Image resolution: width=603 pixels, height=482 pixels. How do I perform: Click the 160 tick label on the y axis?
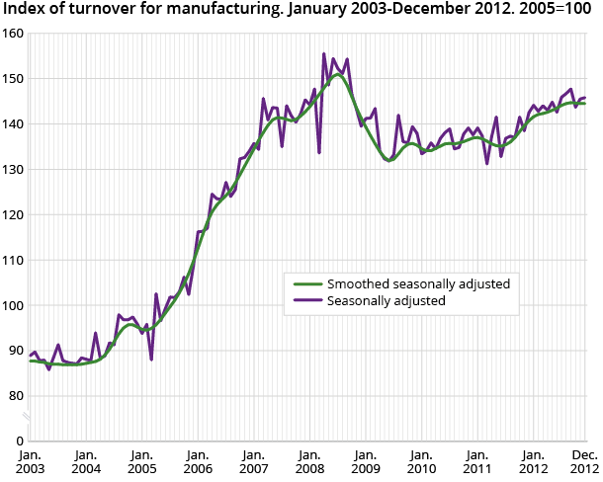pyautogui.click(x=13, y=33)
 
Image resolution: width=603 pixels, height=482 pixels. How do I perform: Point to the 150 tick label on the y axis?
pyautogui.click(x=13, y=78)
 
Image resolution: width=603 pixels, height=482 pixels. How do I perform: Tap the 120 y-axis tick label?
pyautogui.click(x=13, y=214)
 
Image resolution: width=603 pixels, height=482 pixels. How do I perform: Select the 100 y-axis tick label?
pyautogui.click(x=13, y=305)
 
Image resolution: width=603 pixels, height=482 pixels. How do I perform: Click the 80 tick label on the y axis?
pyautogui.click(x=16, y=396)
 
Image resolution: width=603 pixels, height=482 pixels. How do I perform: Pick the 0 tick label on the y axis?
pyautogui.click(x=20, y=441)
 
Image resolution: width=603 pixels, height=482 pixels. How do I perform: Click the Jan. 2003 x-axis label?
pyautogui.click(x=31, y=459)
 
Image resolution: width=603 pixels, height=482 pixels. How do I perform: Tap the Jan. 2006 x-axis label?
pyautogui.click(x=198, y=459)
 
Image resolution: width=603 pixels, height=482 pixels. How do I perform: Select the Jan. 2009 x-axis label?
pyautogui.click(x=366, y=459)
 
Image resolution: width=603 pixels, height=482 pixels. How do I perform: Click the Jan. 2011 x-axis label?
pyautogui.click(x=477, y=459)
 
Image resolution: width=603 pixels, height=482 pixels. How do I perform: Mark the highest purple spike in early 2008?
pyautogui.click(x=324, y=54)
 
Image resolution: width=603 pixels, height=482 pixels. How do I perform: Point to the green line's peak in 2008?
pyautogui.click(x=338, y=74)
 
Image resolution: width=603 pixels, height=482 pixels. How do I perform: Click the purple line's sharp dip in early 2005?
pyautogui.click(x=151, y=359)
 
